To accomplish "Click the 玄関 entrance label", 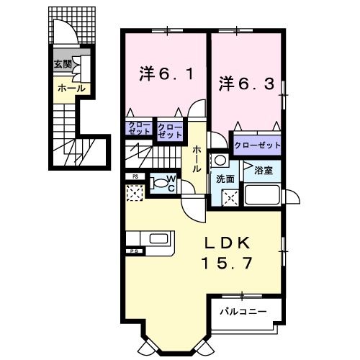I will click(62, 64).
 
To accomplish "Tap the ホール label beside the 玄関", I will click(71, 88).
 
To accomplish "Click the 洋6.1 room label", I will click(166, 73).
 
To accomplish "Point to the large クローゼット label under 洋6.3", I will click(256, 145).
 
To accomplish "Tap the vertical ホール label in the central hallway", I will click(196, 157).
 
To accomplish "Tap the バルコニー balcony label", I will click(243, 311).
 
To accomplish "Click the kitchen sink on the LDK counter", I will click(158, 239).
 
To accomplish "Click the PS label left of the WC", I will click(135, 176).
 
